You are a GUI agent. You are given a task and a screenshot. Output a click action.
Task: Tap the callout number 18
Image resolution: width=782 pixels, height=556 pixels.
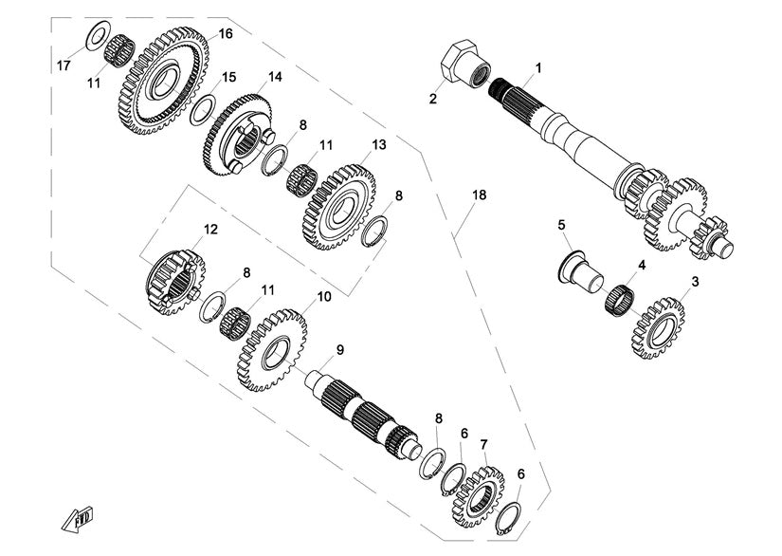tap(480, 195)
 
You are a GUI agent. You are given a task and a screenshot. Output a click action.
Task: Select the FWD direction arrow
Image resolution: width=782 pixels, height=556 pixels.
tap(78, 519)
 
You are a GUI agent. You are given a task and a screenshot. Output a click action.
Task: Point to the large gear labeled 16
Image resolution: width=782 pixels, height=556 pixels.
tap(163, 81)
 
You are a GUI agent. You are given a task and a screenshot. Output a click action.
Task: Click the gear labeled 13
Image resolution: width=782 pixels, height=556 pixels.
tap(339, 207)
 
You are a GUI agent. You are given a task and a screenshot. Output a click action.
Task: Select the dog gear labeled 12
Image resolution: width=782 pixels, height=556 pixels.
tap(175, 282)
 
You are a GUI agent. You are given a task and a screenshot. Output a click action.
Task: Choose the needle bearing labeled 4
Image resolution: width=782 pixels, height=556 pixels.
tap(619, 299)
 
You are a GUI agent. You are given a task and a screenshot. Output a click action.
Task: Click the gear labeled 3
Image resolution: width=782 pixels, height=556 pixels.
tap(657, 328)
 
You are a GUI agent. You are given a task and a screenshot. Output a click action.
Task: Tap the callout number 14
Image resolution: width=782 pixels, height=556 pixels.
tap(275, 77)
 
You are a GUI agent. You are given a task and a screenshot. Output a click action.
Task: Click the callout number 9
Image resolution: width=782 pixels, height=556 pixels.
tap(339, 350)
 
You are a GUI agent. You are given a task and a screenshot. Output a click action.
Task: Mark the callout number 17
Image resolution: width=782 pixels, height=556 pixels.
tap(64, 65)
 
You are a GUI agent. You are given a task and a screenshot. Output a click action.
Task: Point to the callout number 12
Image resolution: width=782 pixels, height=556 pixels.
tap(210, 229)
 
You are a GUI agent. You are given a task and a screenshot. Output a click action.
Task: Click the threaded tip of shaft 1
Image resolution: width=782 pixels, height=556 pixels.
tap(497, 89)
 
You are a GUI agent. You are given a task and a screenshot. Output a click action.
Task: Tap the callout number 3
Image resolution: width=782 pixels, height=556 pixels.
tap(695, 282)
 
